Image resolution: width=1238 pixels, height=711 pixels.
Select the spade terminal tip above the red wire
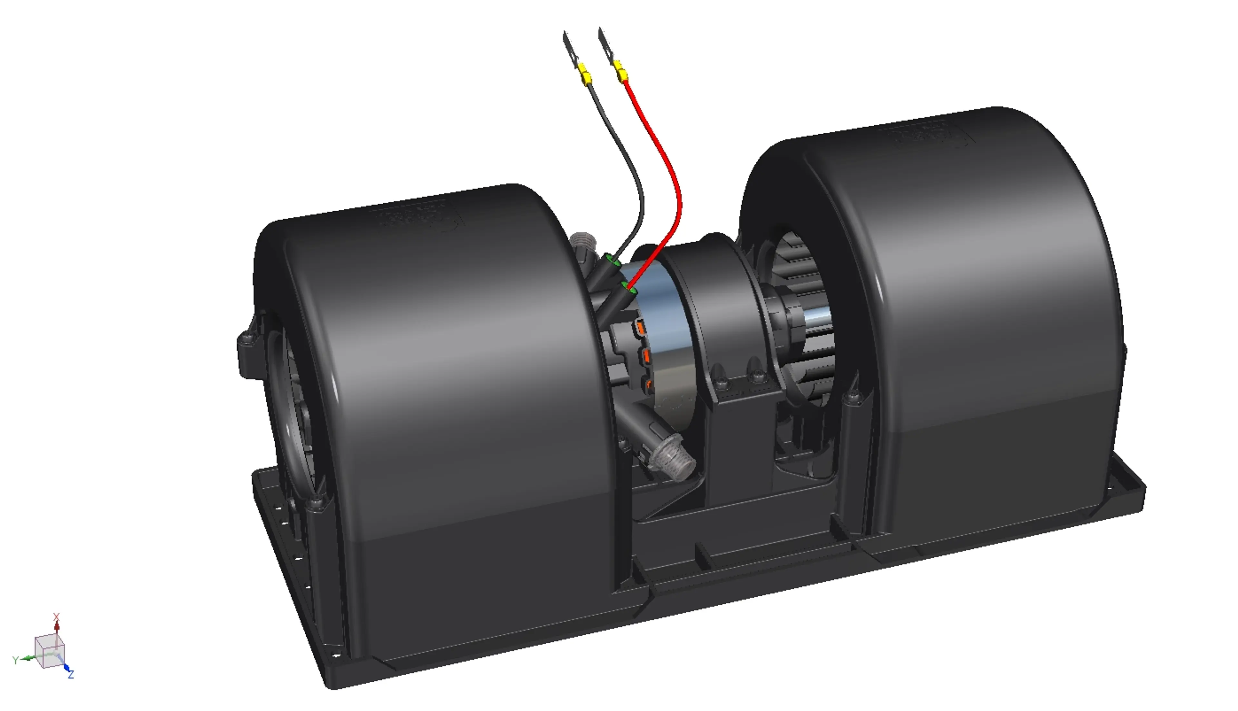[604, 42]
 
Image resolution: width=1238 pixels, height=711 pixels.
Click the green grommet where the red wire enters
[629, 289]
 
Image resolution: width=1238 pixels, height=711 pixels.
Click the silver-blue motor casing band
[669, 312]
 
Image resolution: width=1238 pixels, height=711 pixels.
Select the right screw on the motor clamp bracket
[758, 376]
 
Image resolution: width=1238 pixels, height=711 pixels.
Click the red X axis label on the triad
[56, 617]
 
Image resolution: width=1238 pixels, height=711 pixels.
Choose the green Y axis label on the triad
[15, 660]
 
